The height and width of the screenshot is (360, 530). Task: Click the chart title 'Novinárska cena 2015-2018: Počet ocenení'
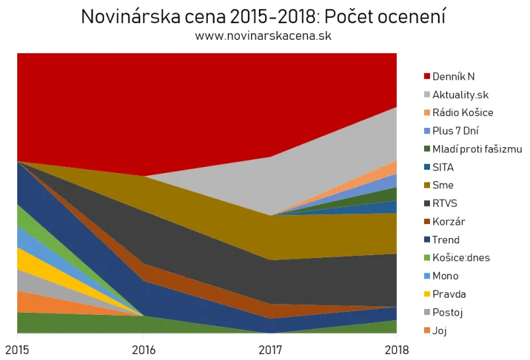[263, 17]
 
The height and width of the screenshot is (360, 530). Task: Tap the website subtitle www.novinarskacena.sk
[263, 36]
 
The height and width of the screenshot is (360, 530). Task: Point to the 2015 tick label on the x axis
[17, 349]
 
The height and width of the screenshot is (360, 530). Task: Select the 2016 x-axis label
[144, 349]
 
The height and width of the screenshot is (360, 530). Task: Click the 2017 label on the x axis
[270, 349]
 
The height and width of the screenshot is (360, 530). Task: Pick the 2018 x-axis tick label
[396, 349]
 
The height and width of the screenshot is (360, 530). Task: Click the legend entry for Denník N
[452, 76]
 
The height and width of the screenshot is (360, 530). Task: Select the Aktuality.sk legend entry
[460, 95]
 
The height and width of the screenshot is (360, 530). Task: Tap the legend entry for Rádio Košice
[462, 113]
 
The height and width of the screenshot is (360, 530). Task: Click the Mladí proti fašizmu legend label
[476, 149]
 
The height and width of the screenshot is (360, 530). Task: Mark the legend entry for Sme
[443, 186]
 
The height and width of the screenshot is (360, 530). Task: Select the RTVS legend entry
[445, 204]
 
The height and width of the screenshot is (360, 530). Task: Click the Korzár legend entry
[446, 221]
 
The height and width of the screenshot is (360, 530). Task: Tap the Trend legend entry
[445, 240]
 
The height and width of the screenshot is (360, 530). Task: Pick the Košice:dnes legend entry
[460, 258]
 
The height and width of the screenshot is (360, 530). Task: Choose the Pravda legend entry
[448, 294]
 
